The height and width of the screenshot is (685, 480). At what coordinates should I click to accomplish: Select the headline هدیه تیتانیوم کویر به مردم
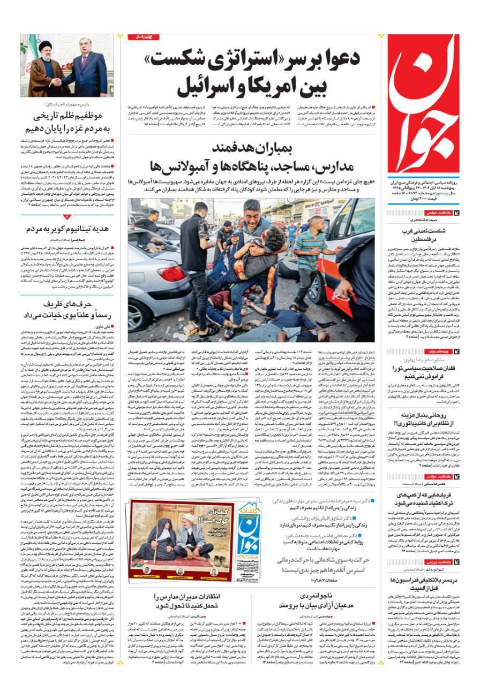tap(67, 229)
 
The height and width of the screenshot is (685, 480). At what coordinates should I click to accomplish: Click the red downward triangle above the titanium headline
tap(67, 217)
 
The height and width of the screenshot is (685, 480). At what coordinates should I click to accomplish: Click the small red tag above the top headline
tap(141, 37)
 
